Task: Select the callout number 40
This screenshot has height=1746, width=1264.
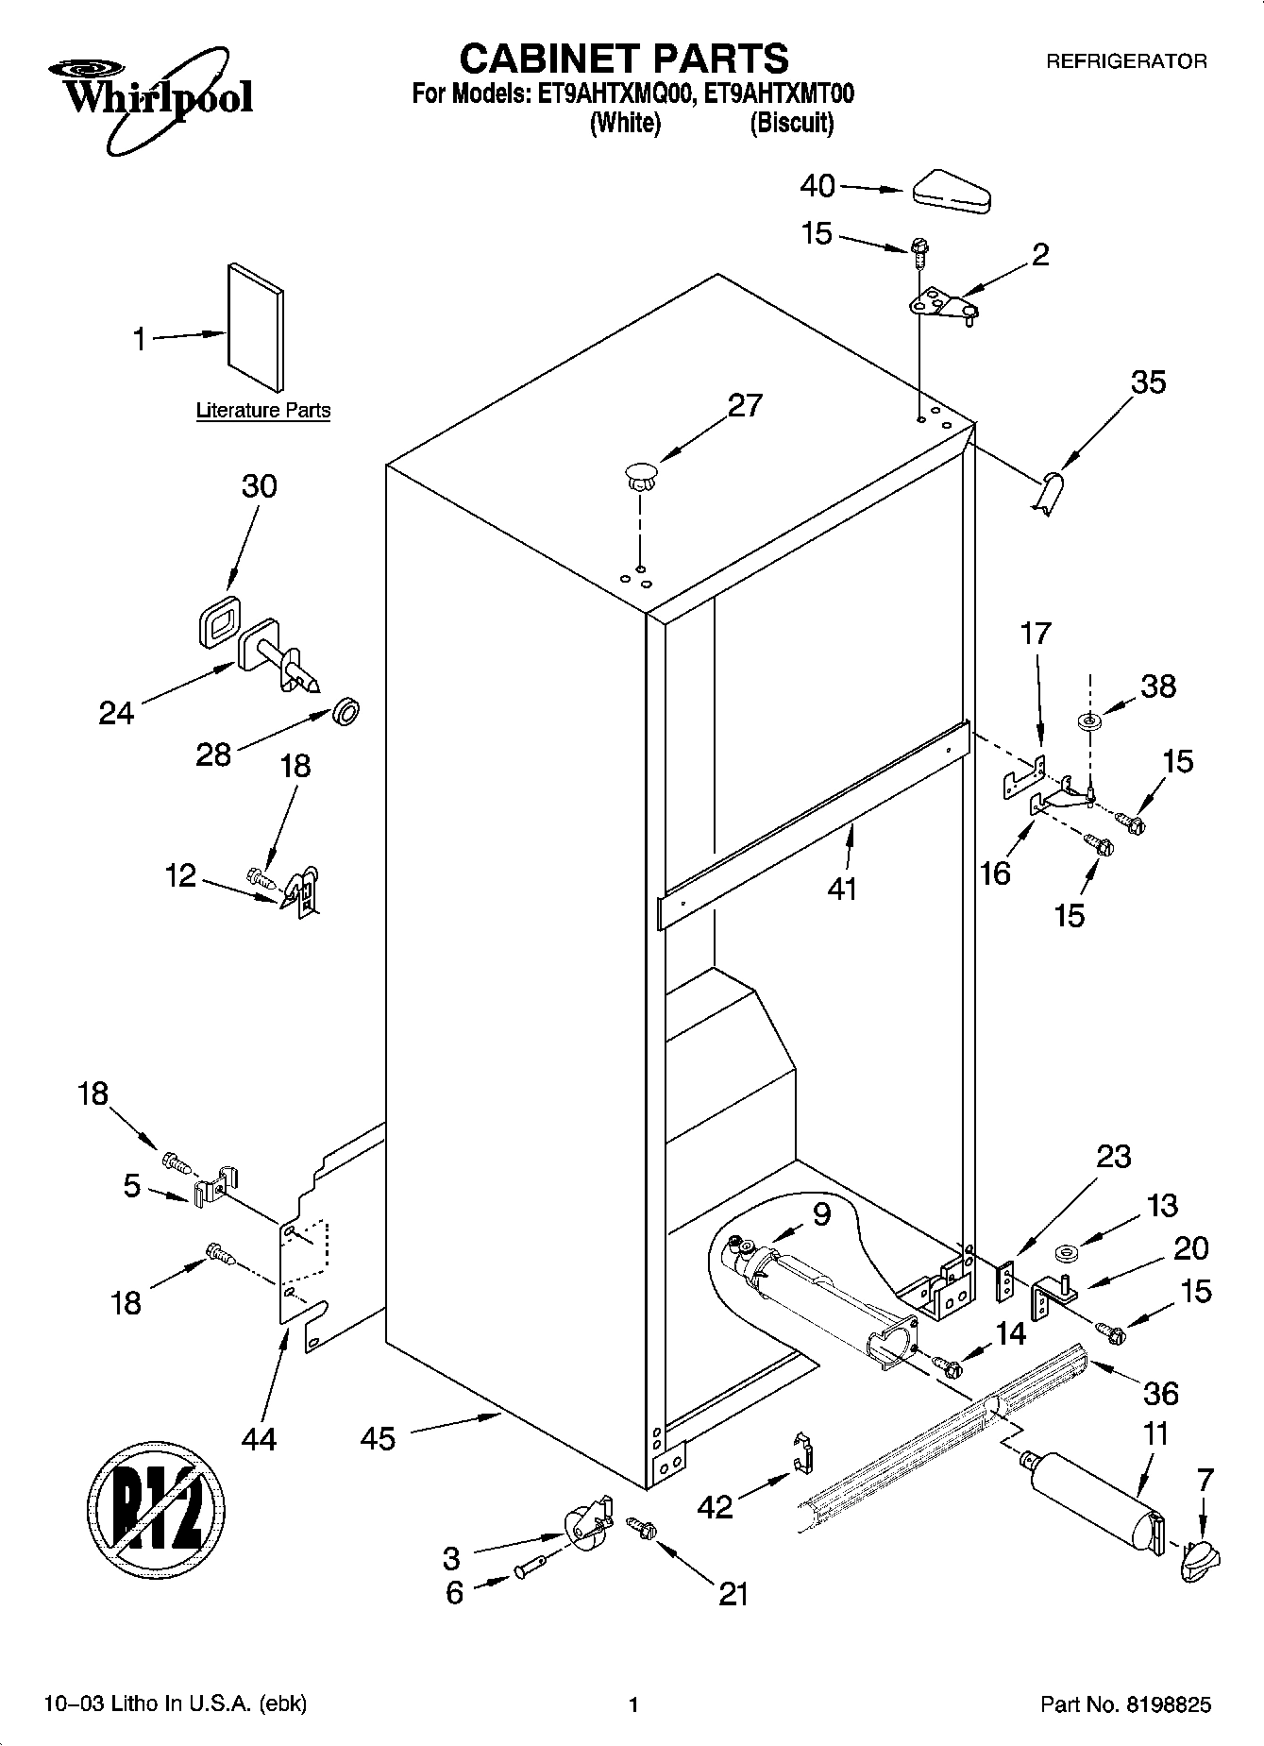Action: pos(817,186)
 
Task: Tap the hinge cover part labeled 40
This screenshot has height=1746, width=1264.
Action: pos(949,191)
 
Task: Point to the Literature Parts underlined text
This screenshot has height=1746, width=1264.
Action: pos(263,411)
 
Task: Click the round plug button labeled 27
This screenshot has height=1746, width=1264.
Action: pos(639,474)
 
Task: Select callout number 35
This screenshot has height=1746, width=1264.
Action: pos(1149,382)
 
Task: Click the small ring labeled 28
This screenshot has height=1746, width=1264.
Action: pos(346,711)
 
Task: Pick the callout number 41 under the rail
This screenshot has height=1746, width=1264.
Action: pos(841,889)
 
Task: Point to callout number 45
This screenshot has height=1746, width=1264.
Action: pos(378,1438)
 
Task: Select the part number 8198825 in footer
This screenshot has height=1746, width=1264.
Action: pos(1168,1704)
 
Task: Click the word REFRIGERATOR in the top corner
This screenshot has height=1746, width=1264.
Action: pos(1126,61)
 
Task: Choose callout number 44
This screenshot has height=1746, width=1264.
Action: pos(259,1438)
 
